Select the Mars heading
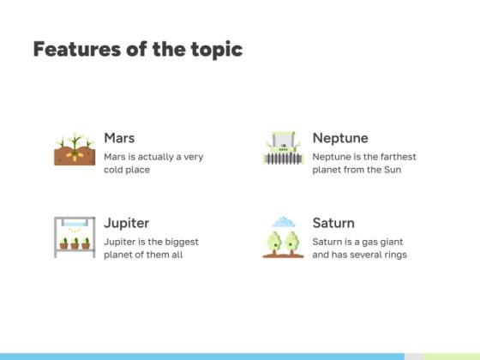(119, 138)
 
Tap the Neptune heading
(340, 138)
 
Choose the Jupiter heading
(126, 223)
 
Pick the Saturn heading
(333, 223)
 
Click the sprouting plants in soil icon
(75, 150)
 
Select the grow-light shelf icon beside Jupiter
(75, 236)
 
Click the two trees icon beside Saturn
(282, 243)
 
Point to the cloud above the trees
(284, 222)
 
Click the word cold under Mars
(115, 170)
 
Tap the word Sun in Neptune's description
(392, 170)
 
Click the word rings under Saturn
(393, 255)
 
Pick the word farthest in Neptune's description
(396, 157)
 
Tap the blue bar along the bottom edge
(201, 356)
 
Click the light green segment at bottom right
(451, 356)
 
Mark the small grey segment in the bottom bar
(413, 356)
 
